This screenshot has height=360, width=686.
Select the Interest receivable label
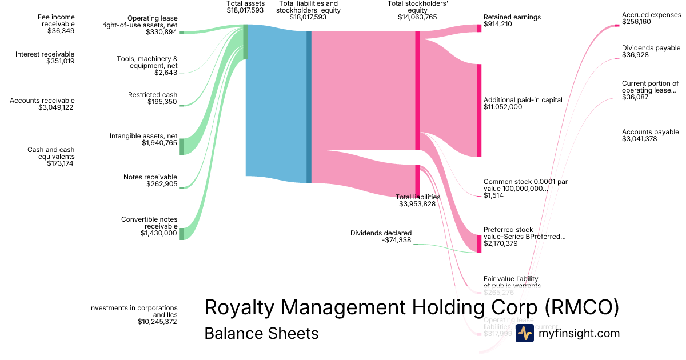click(x=45, y=54)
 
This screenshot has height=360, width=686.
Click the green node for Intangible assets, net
click(x=181, y=146)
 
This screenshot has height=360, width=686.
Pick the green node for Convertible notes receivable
click(x=181, y=234)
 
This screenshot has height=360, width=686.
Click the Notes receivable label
click(x=150, y=177)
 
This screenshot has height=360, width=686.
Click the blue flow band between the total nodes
click(x=277, y=103)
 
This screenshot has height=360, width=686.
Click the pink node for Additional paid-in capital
click(x=479, y=110)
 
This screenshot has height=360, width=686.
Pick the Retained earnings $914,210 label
click(x=512, y=21)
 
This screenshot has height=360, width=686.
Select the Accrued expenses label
click(x=651, y=15)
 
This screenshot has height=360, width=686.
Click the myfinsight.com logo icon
click(x=524, y=333)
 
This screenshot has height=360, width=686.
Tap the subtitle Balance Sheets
click(x=261, y=333)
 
